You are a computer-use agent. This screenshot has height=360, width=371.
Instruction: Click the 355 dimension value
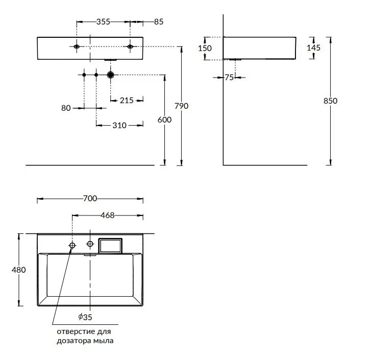(x=104, y=22)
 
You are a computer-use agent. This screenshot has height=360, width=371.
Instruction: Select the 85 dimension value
(x=159, y=22)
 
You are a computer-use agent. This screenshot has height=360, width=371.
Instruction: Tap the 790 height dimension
(x=182, y=106)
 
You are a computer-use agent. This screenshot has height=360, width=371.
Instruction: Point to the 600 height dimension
(x=164, y=120)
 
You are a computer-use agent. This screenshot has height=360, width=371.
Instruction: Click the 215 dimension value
(x=127, y=101)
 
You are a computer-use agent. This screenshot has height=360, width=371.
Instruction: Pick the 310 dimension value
(x=119, y=126)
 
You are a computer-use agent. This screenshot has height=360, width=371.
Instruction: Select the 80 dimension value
(x=66, y=108)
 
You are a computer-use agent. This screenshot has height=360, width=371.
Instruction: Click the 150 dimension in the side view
(x=205, y=49)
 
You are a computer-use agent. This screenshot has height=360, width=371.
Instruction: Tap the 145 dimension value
(x=313, y=48)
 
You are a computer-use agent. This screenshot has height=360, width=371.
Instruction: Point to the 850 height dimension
(x=330, y=101)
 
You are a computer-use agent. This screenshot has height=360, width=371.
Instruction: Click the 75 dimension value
(x=229, y=78)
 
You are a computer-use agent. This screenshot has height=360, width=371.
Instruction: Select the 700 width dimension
(x=90, y=198)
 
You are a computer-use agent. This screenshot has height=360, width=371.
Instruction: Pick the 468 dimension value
(x=107, y=215)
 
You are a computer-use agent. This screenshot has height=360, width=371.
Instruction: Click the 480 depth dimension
(x=19, y=270)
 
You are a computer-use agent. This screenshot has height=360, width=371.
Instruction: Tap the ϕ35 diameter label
(x=85, y=317)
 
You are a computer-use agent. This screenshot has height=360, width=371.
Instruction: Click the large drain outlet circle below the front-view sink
(x=111, y=75)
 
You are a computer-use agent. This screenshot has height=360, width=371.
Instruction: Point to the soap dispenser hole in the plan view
(x=72, y=246)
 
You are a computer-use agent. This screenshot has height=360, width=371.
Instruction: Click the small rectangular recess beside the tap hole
(x=110, y=246)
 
